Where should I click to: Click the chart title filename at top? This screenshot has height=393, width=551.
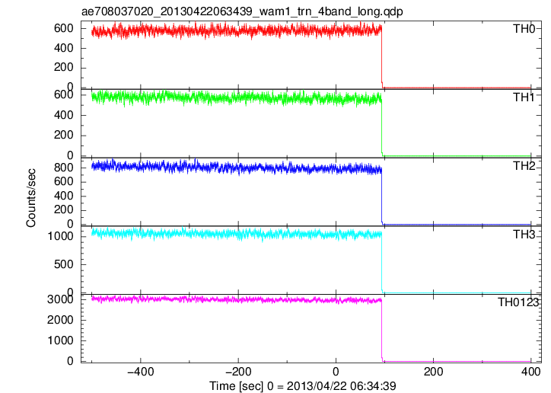(242, 11)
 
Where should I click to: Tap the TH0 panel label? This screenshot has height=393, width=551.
(524, 28)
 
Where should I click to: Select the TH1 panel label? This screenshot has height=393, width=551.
(524, 97)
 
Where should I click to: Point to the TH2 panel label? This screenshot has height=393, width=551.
(524, 165)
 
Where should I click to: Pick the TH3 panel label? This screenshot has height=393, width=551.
(524, 234)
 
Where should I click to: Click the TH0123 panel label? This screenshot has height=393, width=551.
(518, 302)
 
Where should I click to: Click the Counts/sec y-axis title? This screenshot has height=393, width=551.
(31, 198)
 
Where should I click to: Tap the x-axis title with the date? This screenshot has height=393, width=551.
(303, 385)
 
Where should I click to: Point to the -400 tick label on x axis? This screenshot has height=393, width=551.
(141, 372)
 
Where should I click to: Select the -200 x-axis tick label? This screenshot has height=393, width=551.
(238, 372)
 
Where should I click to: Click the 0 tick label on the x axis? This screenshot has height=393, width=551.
(336, 372)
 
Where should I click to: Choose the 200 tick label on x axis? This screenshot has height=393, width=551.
(434, 372)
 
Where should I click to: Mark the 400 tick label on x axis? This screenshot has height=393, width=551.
(531, 372)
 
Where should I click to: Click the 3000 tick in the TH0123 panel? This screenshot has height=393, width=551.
(60, 299)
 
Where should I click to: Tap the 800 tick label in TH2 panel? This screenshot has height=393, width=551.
(64, 168)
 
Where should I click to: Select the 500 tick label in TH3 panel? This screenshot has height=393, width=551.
(64, 264)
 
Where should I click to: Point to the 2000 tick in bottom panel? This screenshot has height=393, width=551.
(60, 320)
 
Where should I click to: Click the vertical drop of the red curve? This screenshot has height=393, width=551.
(381, 56)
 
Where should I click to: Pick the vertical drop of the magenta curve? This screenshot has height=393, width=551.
(381, 331)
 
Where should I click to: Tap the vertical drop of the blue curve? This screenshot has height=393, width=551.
(381, 196)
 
